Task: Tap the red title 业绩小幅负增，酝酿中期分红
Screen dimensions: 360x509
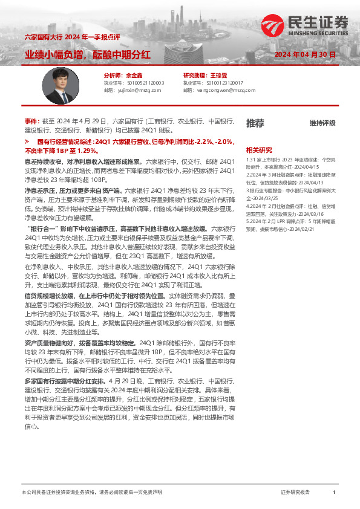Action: tap(88, 55)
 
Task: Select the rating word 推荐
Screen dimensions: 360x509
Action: tap(255, 123)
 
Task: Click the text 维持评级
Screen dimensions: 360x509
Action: tap(322, 123)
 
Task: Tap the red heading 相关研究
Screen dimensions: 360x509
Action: tap(259, 150)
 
